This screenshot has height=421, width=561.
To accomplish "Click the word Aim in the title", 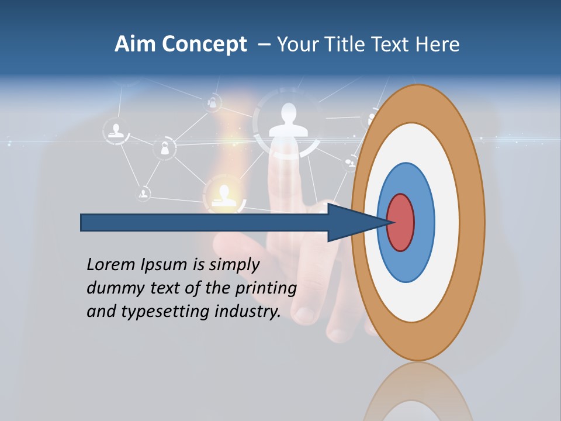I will (x=136, y=44).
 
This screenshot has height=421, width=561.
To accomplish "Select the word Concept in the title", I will (x=203, y=44).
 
